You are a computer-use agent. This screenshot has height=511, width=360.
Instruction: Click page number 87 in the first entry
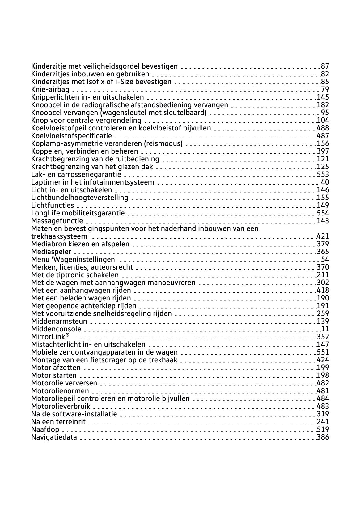(325, 66)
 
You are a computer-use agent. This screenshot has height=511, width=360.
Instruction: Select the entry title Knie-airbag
(50, 90)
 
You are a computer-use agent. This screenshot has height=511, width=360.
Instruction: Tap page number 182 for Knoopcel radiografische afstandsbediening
(323, 105)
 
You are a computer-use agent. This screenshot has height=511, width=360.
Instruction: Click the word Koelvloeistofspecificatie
(71, 136)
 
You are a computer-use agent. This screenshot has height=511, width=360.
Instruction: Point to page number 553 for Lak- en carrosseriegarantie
(323, 175)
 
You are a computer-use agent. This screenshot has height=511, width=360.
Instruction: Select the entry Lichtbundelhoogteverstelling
(79, 198)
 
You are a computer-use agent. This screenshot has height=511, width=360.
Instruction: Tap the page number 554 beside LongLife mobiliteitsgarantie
(323, 213)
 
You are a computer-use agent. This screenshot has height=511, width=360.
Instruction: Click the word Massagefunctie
(57, 221)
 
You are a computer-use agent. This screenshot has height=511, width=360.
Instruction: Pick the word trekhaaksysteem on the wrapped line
(59, 236)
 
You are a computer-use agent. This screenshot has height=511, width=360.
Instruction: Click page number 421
(323, 236)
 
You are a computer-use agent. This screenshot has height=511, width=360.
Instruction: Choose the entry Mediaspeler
(51, 252)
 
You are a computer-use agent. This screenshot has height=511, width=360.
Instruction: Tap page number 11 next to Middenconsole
(325, 329)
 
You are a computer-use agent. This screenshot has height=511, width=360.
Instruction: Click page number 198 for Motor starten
(323, 376)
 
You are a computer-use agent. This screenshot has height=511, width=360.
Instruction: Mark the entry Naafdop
(45, 430)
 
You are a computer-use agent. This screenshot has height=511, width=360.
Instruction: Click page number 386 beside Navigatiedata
(323, 437)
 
